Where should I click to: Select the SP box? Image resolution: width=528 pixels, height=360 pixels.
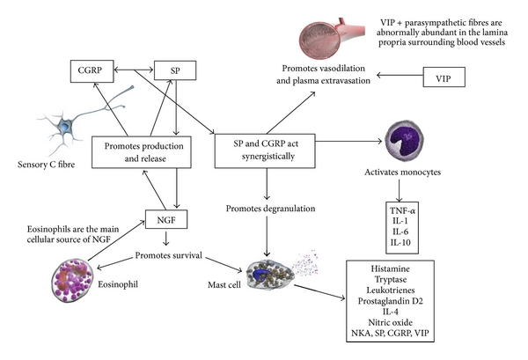173,69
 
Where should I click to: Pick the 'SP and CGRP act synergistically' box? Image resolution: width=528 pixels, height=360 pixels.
263,151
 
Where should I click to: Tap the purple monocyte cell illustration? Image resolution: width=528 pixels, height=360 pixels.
408,143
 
